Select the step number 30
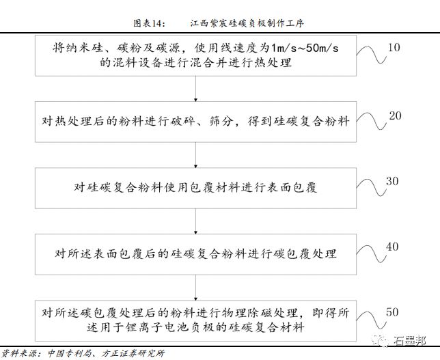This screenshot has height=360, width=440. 391,181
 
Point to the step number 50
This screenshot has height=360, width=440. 392,311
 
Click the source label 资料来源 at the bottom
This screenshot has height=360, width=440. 20,353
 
